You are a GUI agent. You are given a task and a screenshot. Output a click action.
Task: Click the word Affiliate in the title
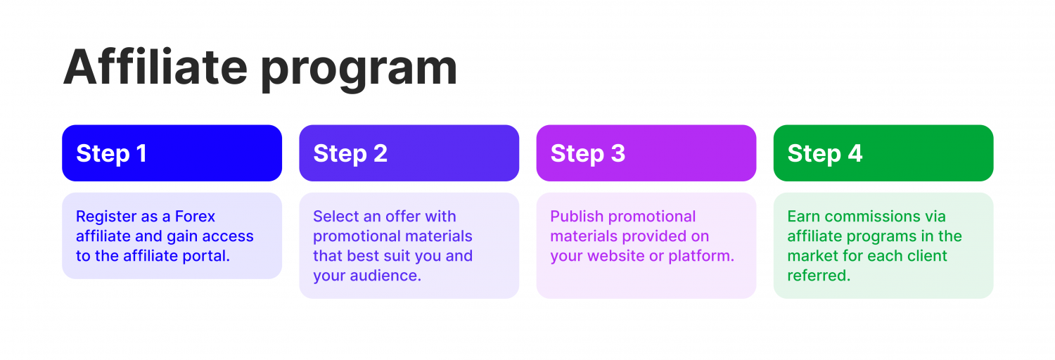pos(155,67)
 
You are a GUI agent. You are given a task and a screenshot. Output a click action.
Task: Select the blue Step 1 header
pos(172,153)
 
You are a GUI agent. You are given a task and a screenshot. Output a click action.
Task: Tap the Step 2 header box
pos(409,153)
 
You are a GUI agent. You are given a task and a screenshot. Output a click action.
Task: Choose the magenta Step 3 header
pos(646,153)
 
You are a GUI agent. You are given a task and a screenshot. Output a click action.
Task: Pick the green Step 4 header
pos(883,153)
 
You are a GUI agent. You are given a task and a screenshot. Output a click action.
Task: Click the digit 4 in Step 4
pos(855,153)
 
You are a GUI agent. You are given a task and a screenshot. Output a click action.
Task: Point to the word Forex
pos(195,217)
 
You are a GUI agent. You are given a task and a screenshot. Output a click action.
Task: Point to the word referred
pos(819,276)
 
